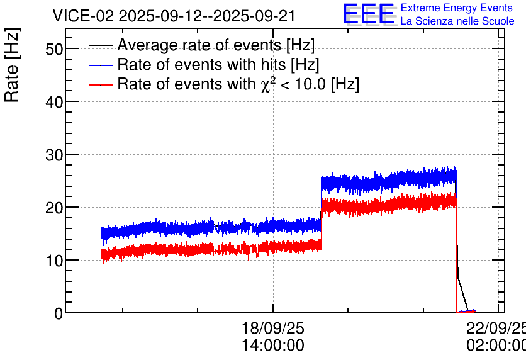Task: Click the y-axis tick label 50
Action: tap(54, 49)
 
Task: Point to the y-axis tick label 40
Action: tap(54, 102)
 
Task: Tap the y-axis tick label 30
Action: tap(54, 155)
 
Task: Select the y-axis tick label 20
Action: tap(54, 208)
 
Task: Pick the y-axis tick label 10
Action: tap(54, 261)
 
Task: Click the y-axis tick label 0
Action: tap(59, 313)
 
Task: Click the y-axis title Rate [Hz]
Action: tap(12, 65)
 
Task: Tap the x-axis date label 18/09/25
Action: tap(272, 328)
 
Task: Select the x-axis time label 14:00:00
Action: tap(272, 345)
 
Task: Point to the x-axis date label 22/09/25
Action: tap(496, 328)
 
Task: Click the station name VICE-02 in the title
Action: tap(84, 16)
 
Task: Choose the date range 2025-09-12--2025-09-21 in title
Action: tap(207, 16)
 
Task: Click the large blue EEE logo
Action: tap(369, 14)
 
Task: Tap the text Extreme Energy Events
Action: tap(457, 8)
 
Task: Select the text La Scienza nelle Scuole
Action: tap(457, 21)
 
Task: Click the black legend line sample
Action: tap(100, 45)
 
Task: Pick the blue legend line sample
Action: tap(100, 65)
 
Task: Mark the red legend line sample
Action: tap(100, 84)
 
